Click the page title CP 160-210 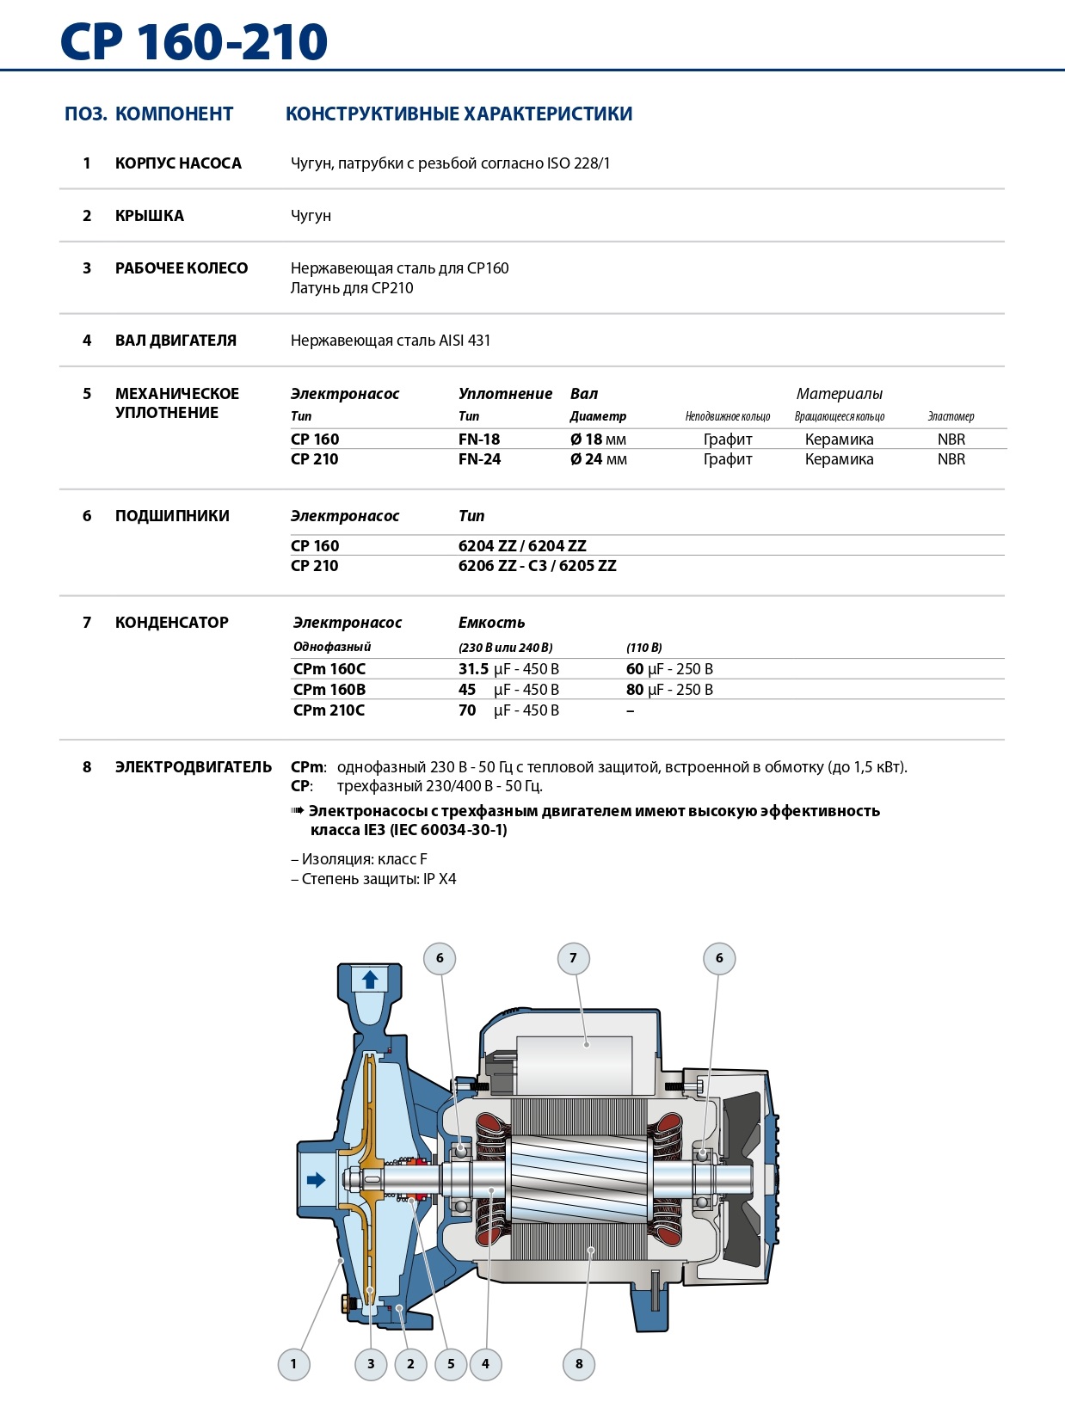tap(194, 41)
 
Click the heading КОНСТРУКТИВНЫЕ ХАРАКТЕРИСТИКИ tap(459, 114)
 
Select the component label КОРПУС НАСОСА tap(178, 163)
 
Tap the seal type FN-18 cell tap(479, 439)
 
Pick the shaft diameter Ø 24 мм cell tap(598, 459)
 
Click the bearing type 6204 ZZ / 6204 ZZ tap(522, 546)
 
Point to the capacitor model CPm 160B tap(329, 690)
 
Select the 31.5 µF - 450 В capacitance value tap(508, 669)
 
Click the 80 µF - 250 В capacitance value tap(669, 690)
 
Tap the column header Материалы tap(839, 394)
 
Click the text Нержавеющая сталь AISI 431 tap(391, 341)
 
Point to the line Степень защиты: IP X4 tap(374, 879)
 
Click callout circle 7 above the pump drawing tap(574, 958)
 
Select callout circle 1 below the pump tap(293, 1363)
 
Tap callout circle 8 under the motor tap(579, 1363)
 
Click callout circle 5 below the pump tap(451, 1363)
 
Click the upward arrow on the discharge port tap(370, 980)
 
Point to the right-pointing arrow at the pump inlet tap(317, 1179)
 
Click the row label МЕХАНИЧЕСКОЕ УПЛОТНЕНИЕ tap(177, 403)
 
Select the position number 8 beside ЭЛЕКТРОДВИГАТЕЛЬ tap(87, 767)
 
